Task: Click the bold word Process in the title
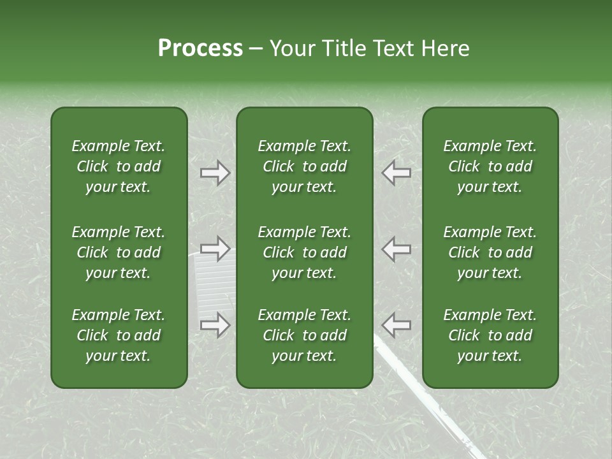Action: (x=200, y=48)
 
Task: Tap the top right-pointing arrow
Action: (x=215, y=173)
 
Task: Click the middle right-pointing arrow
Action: (x=215, y=249)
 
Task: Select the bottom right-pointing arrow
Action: (x=215, y=325)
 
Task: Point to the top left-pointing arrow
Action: (x=396, y=173)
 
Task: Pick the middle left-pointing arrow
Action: (x=396, y=249)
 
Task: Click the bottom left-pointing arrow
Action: (x=396, y=325)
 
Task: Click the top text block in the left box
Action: (x=119, y=166)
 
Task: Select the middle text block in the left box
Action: (x=119, y=252)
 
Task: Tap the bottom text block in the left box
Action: (x=119, y=335)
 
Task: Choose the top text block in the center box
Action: (x=304, y=166)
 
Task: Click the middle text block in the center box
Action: (x=304, y=252)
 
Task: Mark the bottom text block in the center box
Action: (x=304, y=335)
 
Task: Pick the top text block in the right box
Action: (x=490, y=166)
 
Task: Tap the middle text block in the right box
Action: (x=490, y=252)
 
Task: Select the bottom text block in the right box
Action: (x=490, y=335)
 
